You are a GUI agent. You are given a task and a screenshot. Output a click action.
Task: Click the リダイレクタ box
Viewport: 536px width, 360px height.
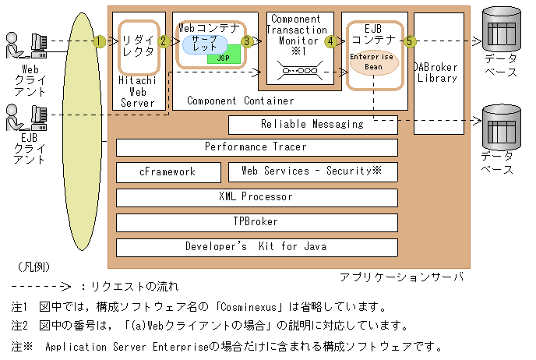[x=139, y=46]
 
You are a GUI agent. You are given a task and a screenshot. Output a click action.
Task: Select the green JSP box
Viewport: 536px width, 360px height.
[x=224, y=57]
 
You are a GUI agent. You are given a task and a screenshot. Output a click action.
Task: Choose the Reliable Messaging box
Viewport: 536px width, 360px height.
[x=312, y=124]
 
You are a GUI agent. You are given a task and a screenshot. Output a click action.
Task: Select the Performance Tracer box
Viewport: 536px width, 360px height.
[x=256, y=147]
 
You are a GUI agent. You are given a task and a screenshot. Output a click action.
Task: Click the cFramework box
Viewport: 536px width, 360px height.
[x=167, y=171]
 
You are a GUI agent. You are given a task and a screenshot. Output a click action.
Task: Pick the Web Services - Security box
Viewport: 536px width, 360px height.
[x=312, y=171]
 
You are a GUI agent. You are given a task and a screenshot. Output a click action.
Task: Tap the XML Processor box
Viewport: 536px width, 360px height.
[x=256, y=196]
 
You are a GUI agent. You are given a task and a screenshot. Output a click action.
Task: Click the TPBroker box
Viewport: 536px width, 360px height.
[x=256, y=221]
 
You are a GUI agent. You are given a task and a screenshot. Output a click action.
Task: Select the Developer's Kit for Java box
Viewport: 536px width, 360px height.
[x=256, y=247]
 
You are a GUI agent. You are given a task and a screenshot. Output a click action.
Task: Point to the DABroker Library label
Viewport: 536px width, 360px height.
[x=437, y=72]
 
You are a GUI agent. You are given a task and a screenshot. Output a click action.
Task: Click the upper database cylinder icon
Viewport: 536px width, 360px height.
[x=499, y=29]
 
